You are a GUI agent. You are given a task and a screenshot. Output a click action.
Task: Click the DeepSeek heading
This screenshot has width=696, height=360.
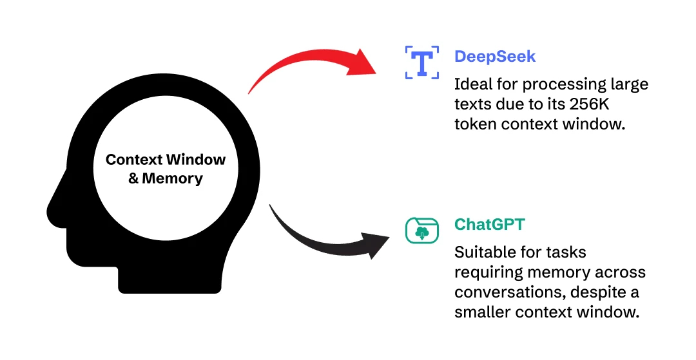494,57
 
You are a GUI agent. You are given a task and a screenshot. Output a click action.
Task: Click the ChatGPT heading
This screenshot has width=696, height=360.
490,225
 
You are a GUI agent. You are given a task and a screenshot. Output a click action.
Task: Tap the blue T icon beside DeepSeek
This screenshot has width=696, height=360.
422,62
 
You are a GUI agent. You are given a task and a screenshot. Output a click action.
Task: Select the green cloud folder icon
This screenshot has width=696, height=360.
422,231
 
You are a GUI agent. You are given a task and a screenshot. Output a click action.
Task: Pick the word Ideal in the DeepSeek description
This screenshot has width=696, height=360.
472,84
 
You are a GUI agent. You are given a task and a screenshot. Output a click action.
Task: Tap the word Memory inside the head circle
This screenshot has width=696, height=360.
173,179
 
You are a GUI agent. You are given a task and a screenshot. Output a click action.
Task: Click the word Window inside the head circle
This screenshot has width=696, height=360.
195,159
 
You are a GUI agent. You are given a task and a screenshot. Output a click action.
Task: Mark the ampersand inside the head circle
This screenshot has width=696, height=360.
133,179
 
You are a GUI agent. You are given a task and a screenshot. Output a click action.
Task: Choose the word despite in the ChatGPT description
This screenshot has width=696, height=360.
602,293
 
